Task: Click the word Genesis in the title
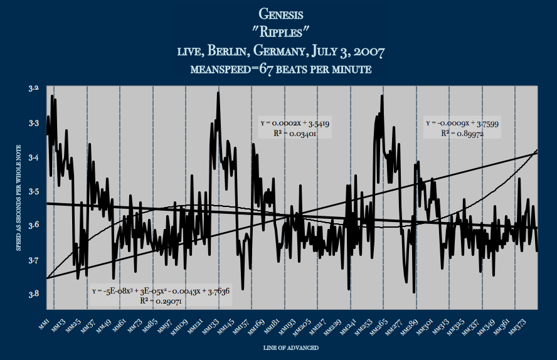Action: point(278,13)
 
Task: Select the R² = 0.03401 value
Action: point(295,134)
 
